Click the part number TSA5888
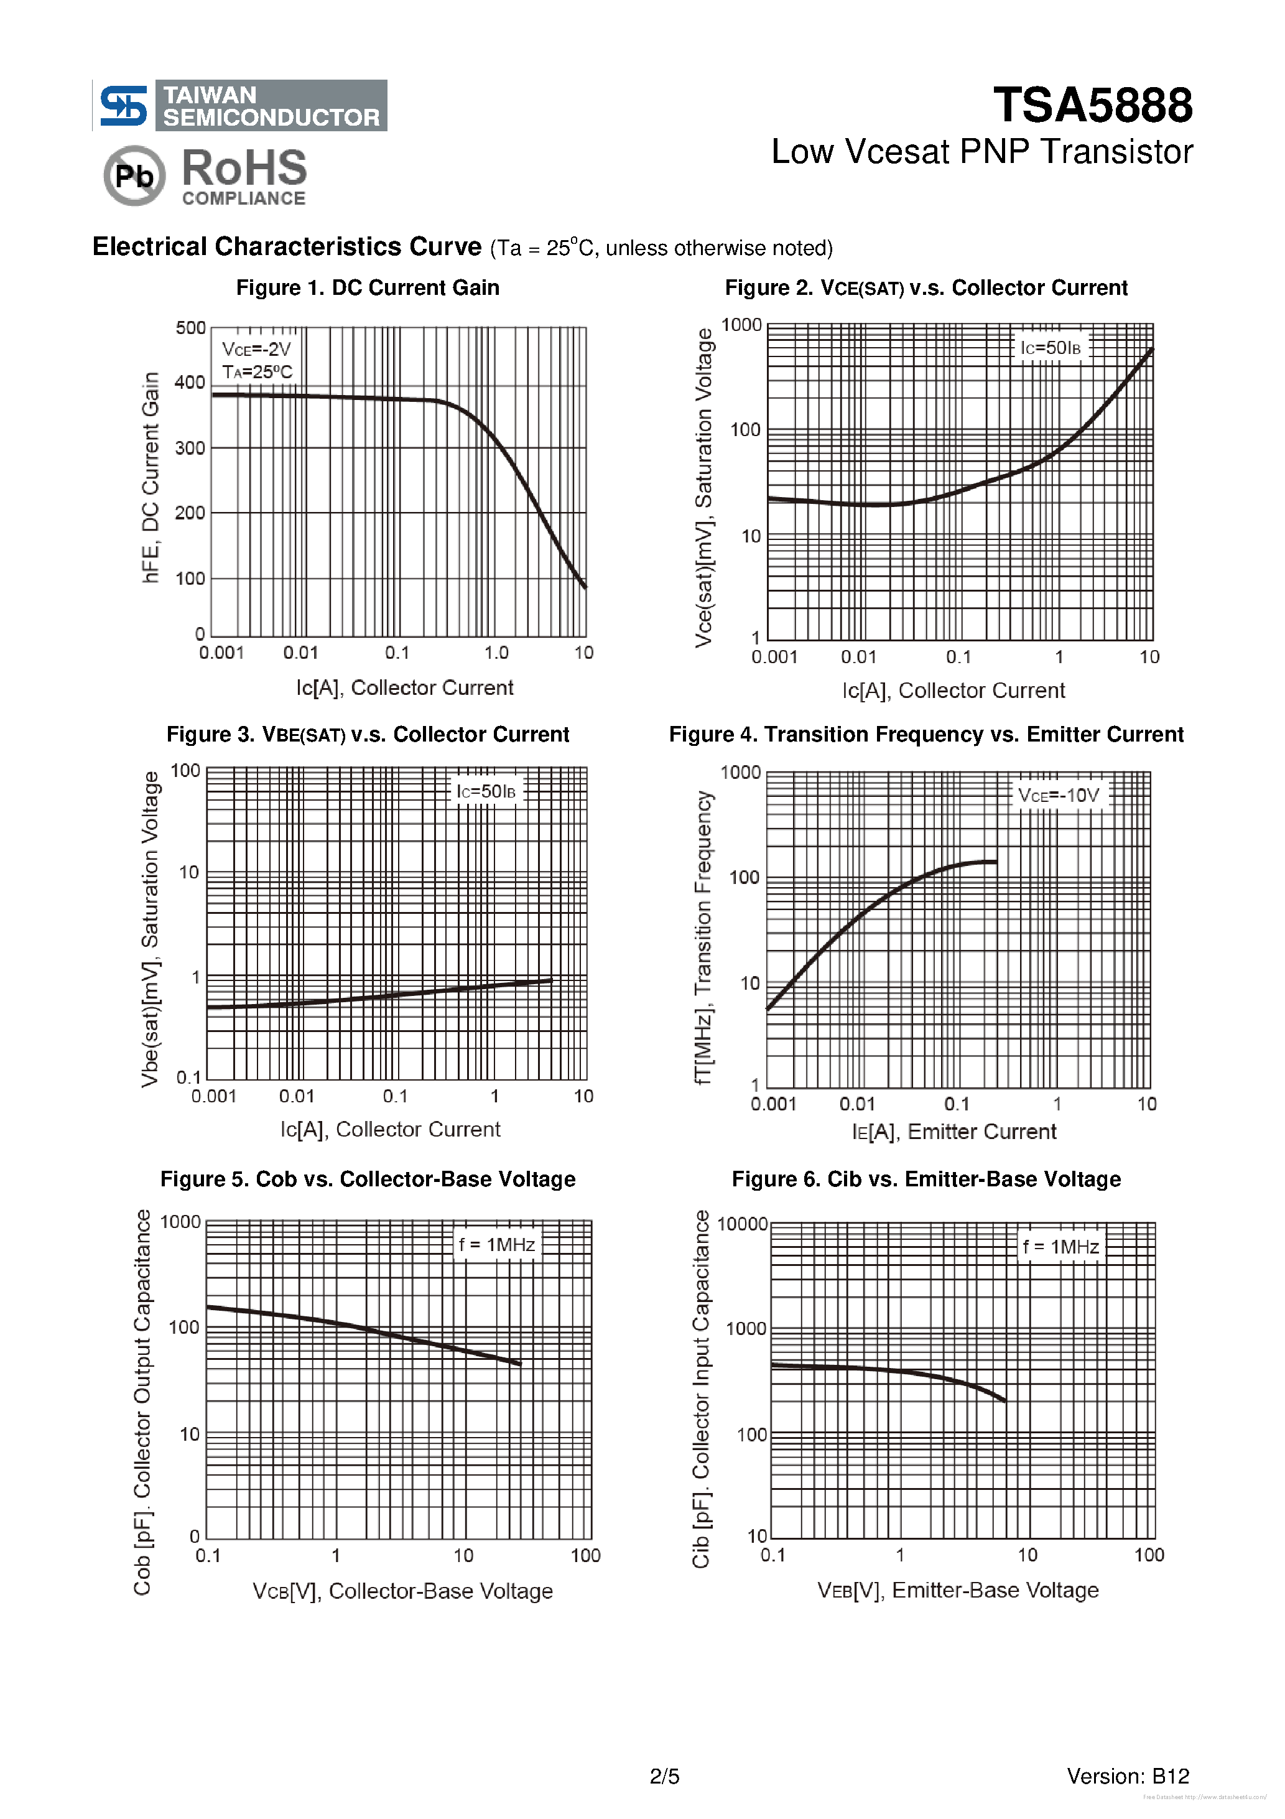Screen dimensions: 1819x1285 tap(1092, 105)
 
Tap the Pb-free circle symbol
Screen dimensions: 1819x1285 tap(134, 175)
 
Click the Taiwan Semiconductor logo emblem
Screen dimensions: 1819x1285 tap(123, 105)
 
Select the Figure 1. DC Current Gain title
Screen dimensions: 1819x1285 tap(368, 287)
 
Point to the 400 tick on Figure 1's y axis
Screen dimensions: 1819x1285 tap(190, 383)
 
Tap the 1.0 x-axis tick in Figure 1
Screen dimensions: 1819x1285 tap(496, 653)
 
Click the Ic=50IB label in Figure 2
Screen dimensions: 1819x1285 tap(1051, 348)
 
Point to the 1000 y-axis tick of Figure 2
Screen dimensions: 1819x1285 tap(741, 325)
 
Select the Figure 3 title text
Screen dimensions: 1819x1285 tap(368, 735)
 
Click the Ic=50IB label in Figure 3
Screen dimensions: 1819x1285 tap(486, 791)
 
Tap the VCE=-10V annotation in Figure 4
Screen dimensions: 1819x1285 tap(1059, 796)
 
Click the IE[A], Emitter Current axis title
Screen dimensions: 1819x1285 tap(954, 1132)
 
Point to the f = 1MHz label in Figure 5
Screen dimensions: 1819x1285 tap(497, 1245)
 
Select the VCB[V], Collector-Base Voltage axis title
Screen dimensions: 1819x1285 tap(402, 1591)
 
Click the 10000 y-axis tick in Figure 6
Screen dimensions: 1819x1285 tap(742, 1224)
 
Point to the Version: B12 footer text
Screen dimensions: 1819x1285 tap(1128, 1776)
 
